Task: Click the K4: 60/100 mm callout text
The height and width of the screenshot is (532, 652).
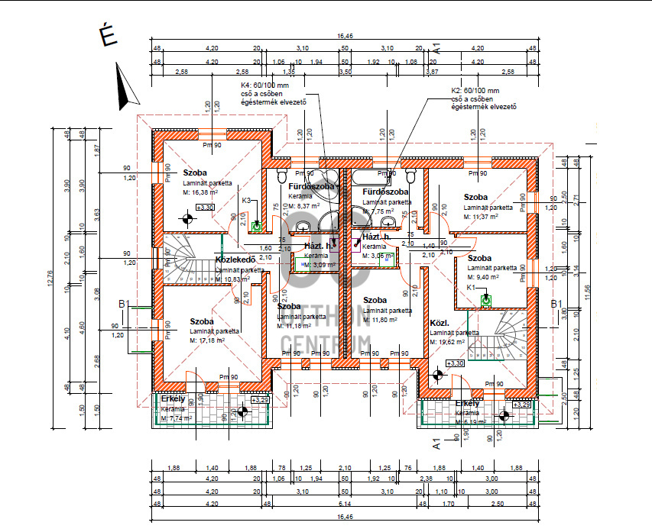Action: (x=264, y=85)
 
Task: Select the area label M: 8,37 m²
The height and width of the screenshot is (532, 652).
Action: (x=305, y=206)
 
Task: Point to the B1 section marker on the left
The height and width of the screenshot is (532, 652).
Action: (x=125, y=305)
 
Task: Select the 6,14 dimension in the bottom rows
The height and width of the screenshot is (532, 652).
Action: (x=344, y=505)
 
